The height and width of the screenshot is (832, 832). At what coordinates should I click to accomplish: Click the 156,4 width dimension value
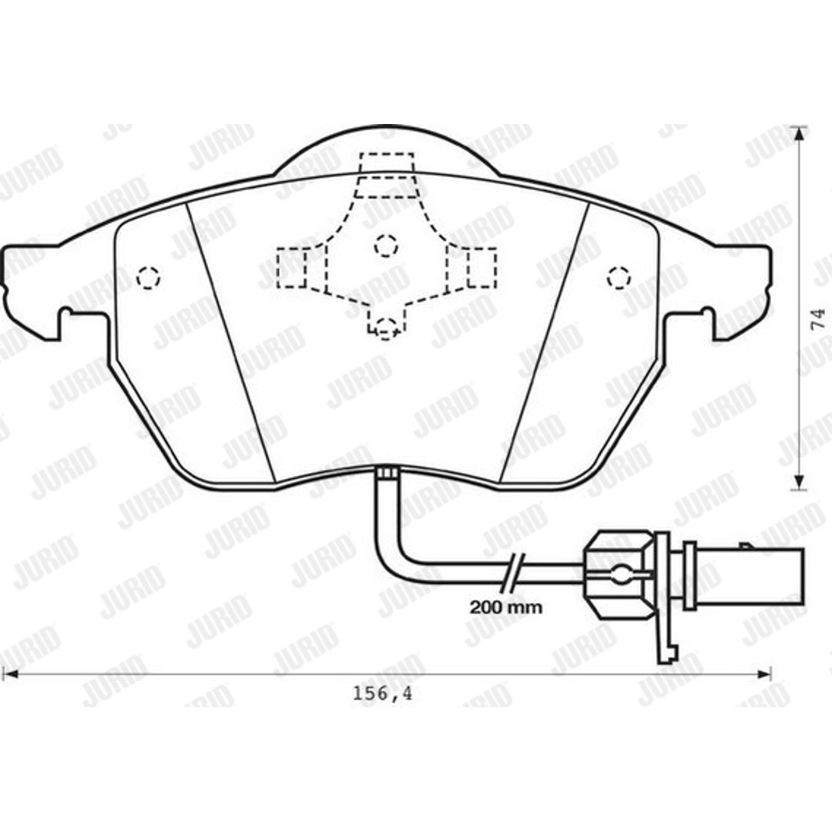(383, 694)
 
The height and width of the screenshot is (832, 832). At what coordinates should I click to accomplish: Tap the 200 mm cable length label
(506, 607)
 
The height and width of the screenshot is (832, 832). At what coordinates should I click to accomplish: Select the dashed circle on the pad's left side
(148, 277)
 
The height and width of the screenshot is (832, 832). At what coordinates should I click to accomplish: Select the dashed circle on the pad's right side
(619, 277)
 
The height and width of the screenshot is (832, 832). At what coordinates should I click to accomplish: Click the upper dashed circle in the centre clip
(386, 245)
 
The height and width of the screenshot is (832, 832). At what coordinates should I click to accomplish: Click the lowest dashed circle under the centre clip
(386, 328)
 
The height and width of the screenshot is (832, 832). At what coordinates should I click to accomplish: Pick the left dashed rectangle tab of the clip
(291, 268)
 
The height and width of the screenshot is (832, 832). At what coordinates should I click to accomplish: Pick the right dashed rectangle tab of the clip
(481, 268)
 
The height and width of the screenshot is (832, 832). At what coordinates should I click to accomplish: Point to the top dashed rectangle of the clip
(386, 163)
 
